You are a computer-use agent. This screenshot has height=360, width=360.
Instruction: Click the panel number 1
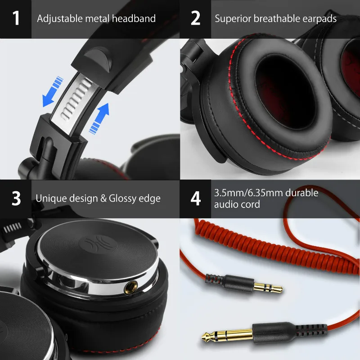pos(16,18)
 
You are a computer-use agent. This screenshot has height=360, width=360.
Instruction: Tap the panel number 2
pos(195,18)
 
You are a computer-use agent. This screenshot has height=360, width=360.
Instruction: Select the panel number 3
pos(16,198)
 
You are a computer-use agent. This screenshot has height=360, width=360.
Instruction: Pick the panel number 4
pos(195,198)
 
